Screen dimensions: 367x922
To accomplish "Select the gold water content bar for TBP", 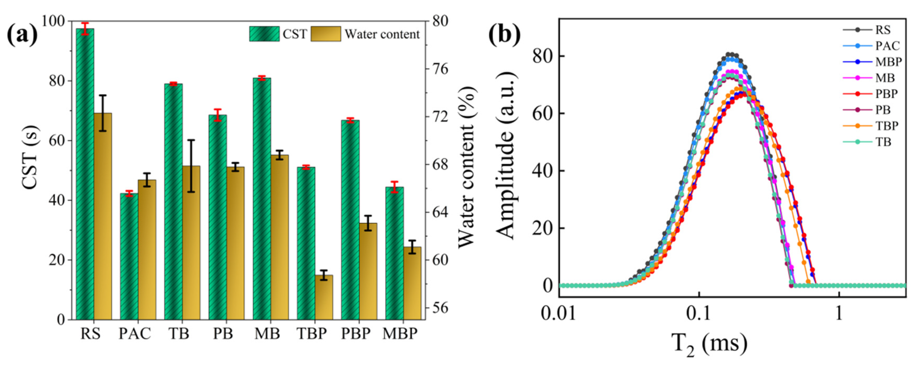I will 324,297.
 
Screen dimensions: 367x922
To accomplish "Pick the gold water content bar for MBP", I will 412,283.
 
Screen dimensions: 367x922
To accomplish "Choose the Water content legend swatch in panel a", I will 325,34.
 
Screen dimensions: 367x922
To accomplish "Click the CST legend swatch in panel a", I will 264,34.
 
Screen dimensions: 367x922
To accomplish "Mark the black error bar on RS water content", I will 103,113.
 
